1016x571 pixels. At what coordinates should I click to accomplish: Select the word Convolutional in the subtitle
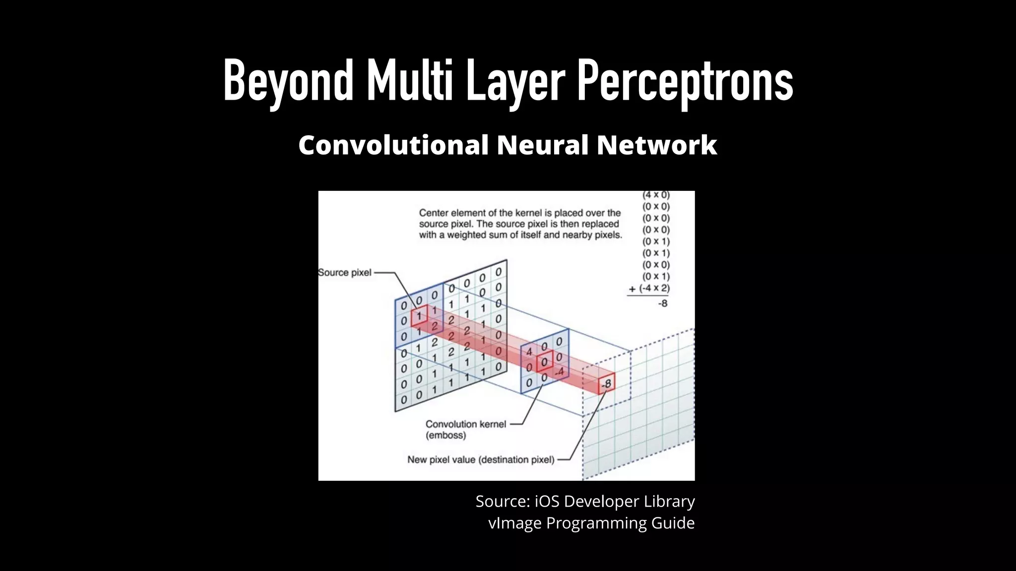coord(393,145)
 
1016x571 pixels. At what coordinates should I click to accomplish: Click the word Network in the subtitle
coord(657,145)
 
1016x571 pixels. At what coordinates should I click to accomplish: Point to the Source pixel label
coord(345,273)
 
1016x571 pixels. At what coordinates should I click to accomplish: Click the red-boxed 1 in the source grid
coord(419,316)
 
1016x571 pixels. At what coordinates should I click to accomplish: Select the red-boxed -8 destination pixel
coord(606,384)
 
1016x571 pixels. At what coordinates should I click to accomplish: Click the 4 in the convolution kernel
coord(529,351)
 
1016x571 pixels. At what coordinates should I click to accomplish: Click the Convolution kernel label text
coord(466,424)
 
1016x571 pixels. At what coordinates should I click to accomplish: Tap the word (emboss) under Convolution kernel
coord(446,436)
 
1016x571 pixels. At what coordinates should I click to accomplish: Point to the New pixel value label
coord(481,460)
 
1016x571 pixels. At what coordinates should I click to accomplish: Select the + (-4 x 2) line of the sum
coord(649,288)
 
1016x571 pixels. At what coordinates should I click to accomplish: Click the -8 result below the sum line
coord(662,303)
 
